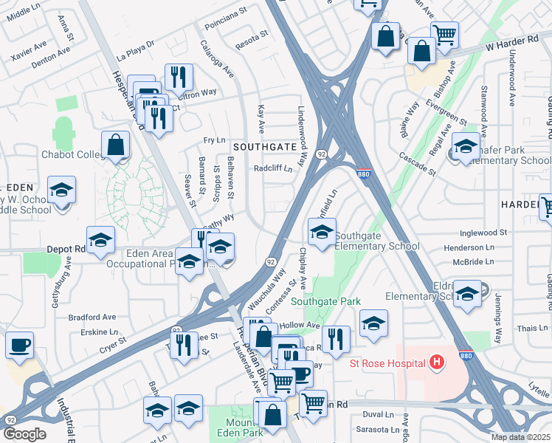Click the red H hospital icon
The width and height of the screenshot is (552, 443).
438,363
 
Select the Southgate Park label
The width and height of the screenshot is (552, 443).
325,301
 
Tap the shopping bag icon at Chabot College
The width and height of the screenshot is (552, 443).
116,146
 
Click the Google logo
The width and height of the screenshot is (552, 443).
24,434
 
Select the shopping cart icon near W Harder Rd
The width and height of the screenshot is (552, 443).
444,34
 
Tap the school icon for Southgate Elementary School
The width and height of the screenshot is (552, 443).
321,233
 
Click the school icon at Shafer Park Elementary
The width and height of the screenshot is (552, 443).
466,148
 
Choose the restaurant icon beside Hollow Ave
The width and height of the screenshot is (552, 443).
336,339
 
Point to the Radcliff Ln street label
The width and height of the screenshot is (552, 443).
273,168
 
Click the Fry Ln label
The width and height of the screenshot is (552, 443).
214,140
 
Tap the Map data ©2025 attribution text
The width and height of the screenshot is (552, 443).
520,437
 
